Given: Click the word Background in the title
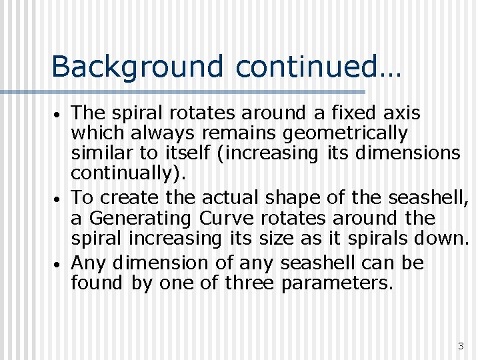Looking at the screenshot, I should coord(137,67).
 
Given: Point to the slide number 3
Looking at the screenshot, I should coord(460,346).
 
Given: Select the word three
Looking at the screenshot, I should coord(250,283).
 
